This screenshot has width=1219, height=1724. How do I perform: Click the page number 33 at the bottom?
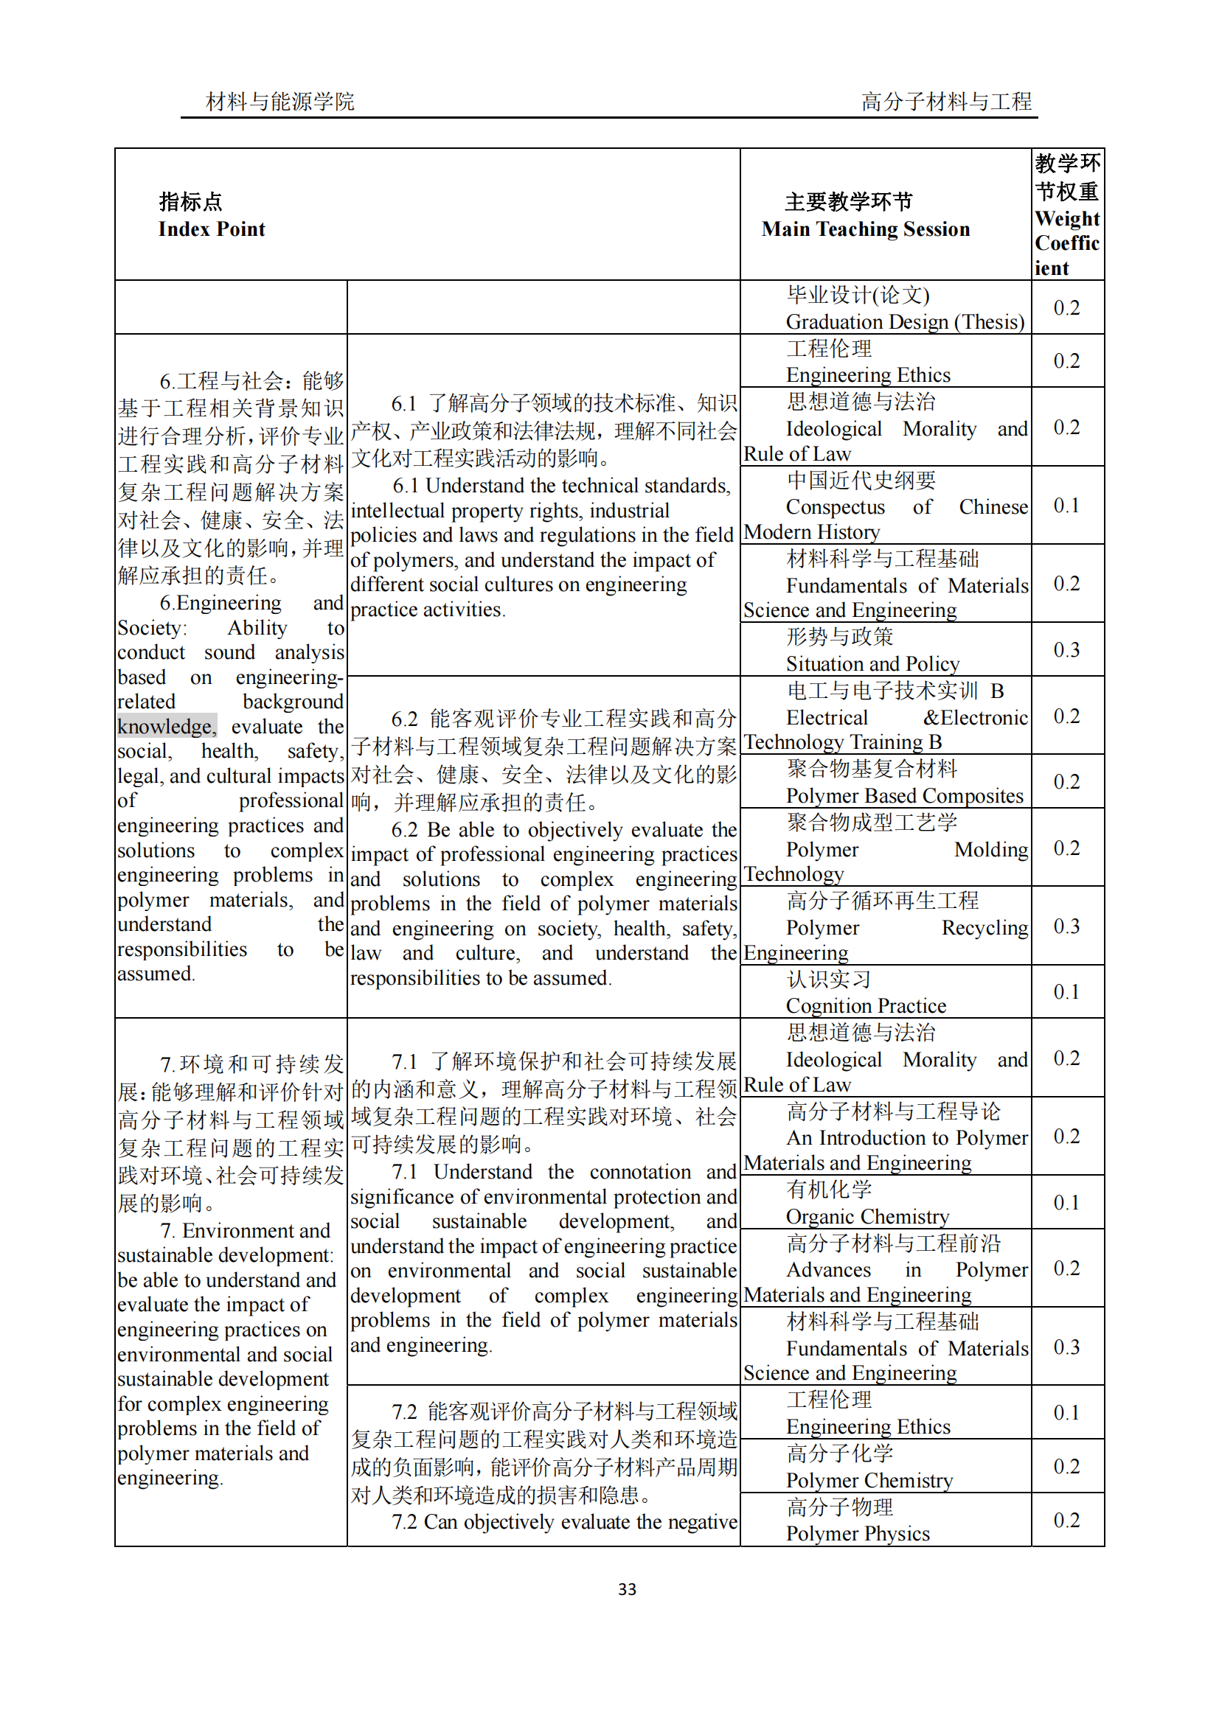click(x=626, y=1589)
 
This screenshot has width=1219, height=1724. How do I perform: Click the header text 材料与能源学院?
click(x=279, y=101)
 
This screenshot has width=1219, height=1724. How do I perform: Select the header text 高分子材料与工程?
click(x=945, y=101)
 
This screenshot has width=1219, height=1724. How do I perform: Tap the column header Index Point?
click(x=211, y=229)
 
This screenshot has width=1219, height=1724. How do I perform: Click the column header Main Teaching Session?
click(x=865, y=229)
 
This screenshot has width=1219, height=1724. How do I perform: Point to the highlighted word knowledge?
click(x=166, y=726)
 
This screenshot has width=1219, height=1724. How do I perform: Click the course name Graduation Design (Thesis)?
click(x=904, y=321)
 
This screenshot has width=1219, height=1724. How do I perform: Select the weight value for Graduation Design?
click(x=1066, y=307)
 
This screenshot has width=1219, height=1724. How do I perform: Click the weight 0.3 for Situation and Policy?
click(x=1066, y=649)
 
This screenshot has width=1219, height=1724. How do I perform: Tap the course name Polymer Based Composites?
click(x=904, y=795)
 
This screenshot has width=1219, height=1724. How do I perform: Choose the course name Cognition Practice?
click(x=865, y=1005)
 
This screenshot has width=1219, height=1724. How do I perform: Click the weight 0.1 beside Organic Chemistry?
click(x=1066, y=1202)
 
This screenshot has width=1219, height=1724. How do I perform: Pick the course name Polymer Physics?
click(x=857, y=1533)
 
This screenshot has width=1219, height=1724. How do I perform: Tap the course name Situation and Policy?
click(x=872, y=664)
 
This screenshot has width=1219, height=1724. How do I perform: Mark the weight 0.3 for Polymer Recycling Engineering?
click(x=1066, y=926)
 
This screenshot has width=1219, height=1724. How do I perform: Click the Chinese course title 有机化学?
click(x=828, y=1190)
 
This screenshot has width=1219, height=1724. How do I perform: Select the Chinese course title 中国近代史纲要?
click(x=861, y=480)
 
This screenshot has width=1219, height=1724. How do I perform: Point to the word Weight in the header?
click(x=1066, y=218)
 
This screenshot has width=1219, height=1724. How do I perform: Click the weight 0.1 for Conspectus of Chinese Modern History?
click(x=1066, y=506)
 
